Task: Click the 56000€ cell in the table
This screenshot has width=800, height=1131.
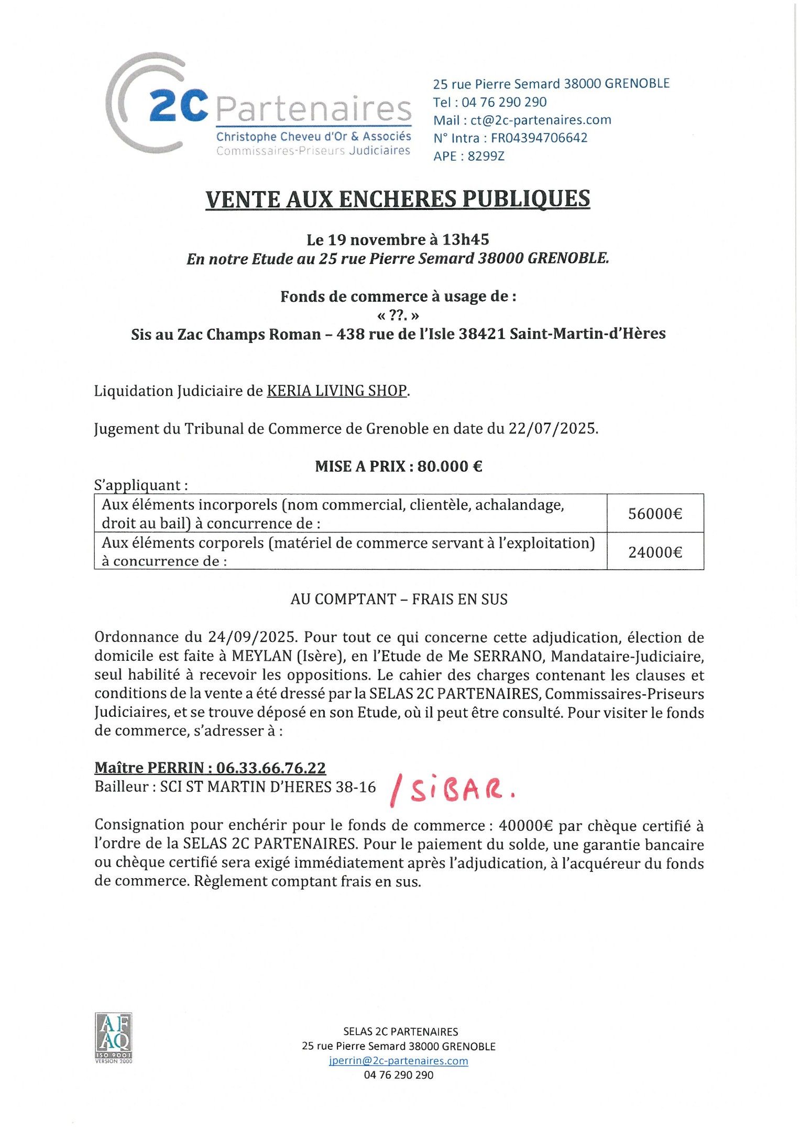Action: pos(655,514)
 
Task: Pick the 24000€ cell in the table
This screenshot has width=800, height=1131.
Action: pos(655,552)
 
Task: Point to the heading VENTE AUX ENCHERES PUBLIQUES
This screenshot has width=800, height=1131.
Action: pos(398,199)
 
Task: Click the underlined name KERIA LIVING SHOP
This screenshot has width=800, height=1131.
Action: pos(337,391)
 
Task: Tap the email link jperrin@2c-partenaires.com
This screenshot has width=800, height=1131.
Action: pos(398,1060)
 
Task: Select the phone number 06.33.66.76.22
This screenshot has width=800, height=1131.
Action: pos(271,768)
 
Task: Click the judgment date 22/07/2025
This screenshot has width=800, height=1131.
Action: pos(553,429)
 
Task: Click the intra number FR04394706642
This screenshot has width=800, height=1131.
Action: pos(539,138)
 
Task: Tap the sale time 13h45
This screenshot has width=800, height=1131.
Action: pos(465,240)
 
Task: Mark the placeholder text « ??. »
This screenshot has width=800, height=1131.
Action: pos(398,315)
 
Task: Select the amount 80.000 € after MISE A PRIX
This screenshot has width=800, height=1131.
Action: pos(450,466)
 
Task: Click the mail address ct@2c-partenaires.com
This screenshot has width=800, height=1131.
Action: pos(541,120)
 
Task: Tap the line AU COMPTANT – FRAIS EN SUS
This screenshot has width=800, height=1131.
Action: pos(399,599)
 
